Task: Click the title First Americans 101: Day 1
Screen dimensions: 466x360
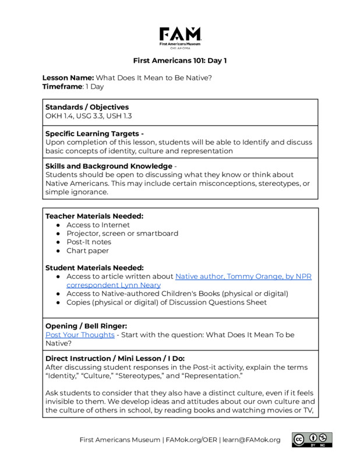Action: coord(180,61)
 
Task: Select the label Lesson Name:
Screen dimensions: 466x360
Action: coord(68,77)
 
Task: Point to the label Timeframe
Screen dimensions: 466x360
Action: coord(63,86)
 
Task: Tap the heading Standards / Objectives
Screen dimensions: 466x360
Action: coord(87,107)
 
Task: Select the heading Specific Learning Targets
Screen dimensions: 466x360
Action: coord(93,133)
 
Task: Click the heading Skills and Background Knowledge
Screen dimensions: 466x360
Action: coord(108,166)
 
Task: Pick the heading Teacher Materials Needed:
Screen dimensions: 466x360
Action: coord(94,216)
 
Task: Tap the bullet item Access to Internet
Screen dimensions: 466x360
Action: coord(98,225)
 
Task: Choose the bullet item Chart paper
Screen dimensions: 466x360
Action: coord(87,250)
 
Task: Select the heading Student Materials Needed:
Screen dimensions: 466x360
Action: coord(95,267)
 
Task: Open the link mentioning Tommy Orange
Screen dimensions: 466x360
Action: coord(243,276)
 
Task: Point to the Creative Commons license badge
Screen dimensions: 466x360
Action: coord(312,440)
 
